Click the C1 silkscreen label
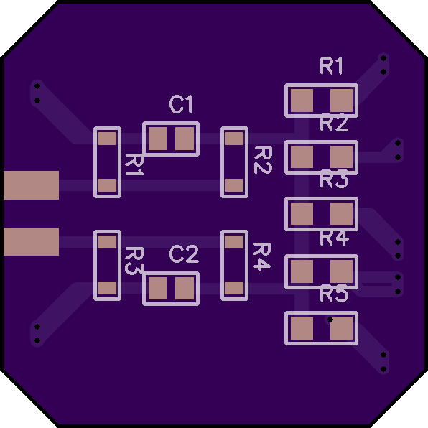tap(181, 104)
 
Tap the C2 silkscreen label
tap(184, 253)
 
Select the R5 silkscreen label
tap(334, 294)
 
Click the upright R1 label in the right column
tap(331, 66)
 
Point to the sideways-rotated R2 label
tap(263, 160)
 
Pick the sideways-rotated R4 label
tap(262, 257)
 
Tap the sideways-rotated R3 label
tap(134, 261)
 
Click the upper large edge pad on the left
tap(31, 185)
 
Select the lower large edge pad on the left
tap(31, 241)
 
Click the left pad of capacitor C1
tap(157, 139)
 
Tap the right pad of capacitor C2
tap(185, 288)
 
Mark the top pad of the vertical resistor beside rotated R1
tap(107, 139)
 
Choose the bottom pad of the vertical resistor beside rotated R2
tap(234, 185)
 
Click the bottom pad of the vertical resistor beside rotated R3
tap(107, 288)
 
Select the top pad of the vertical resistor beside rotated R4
tap(234, 242)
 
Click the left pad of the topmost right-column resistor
tap(302, 101)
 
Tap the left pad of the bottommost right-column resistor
tap(302, 328)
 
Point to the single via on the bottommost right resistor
tap(330, 320)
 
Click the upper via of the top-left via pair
tap(37, 86)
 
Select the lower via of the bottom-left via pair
tap(37, 340)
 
